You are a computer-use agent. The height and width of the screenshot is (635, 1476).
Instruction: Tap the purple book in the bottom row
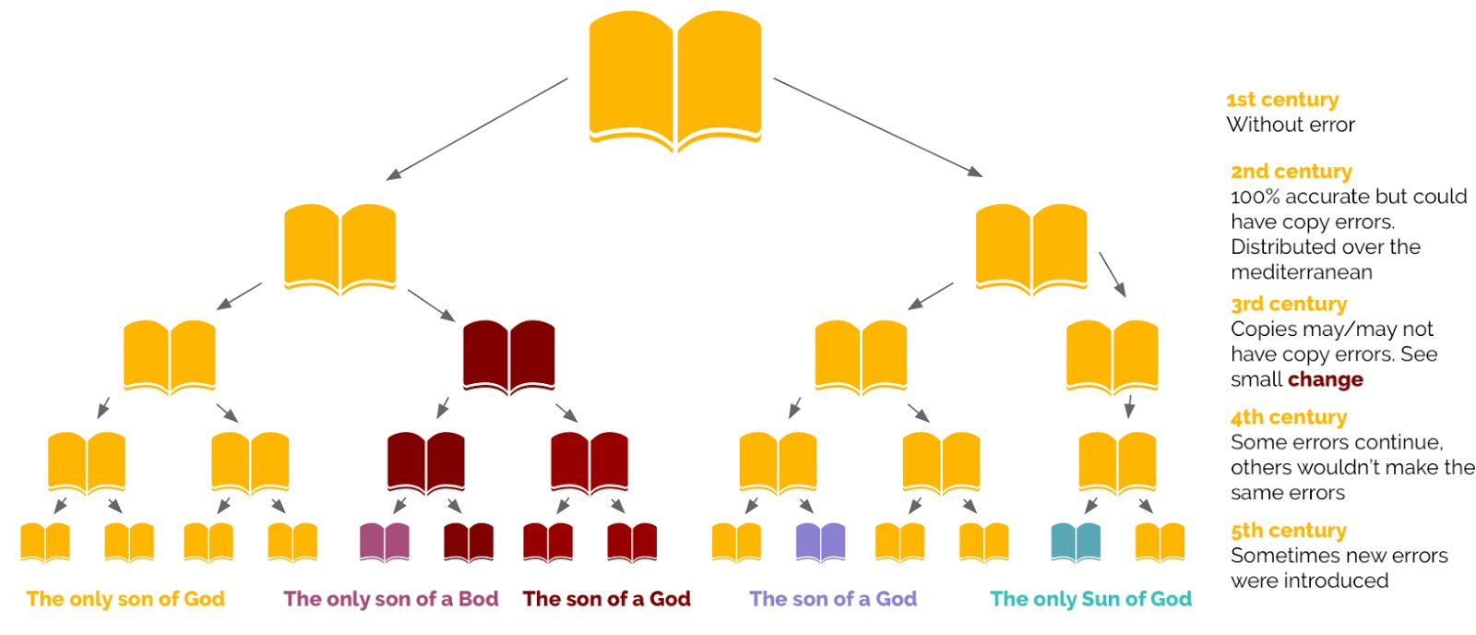(820, 542)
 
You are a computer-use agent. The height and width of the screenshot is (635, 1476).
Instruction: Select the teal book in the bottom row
(1076, 542)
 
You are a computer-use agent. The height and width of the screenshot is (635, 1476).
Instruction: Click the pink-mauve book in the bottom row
(384, 542)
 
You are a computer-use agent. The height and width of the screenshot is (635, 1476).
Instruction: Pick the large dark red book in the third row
(508, 356)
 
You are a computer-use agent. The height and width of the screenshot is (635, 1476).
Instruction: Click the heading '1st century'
(1281, 100)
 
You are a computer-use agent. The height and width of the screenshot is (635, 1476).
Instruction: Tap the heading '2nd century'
(1291, 172)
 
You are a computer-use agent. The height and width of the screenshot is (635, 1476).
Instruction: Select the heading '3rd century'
(1288, 304)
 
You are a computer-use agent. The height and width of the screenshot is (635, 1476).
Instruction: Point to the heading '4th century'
(1288, 417)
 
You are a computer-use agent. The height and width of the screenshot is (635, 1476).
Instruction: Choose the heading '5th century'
(1288, 531)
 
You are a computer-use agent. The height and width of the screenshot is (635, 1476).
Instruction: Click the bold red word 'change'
(1325, 379)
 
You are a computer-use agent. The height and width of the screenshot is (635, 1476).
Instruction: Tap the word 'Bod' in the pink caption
(478, 599)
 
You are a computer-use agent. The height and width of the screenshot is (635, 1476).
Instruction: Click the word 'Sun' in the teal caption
(1100, 599)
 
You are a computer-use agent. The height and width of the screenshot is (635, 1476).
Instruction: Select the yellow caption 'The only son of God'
(125, 599)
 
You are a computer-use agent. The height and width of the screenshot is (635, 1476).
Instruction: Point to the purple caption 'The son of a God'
(833, 599)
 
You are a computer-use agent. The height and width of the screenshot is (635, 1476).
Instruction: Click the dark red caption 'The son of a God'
(606, 599)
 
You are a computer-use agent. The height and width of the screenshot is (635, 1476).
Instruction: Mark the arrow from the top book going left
(477, 128)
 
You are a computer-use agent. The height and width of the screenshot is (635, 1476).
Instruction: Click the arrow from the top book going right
(877, 126)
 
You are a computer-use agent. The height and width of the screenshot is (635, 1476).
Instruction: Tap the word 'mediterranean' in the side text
(1301, 272)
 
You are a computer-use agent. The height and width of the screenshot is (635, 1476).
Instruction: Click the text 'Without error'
(1290, 125)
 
